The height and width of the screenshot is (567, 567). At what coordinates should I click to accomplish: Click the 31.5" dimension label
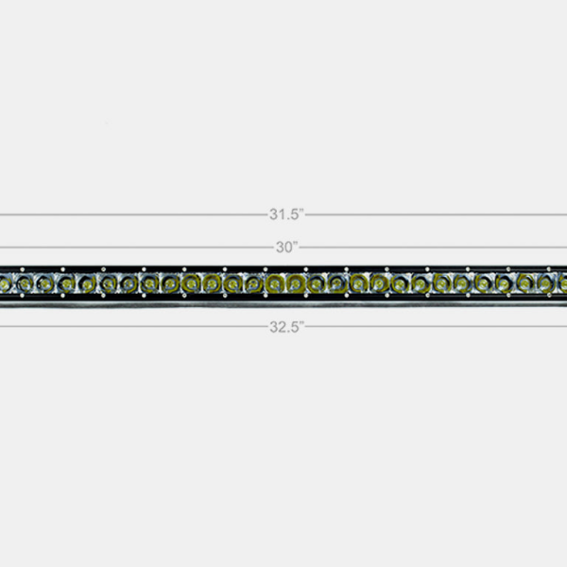[284, 214]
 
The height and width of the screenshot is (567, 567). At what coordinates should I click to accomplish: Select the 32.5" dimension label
[284, 328]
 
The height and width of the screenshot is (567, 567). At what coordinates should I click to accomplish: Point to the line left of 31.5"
[132, 215]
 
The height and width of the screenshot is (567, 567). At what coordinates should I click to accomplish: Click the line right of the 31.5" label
[435, 215]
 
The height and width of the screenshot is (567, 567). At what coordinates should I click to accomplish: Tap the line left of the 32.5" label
[132, 328]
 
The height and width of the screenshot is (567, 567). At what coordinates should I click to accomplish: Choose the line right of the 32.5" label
[435, 328]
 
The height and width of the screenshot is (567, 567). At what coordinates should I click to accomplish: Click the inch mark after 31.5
[301, 211]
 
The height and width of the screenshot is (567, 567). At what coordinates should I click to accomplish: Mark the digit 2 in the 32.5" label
[280, 328]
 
